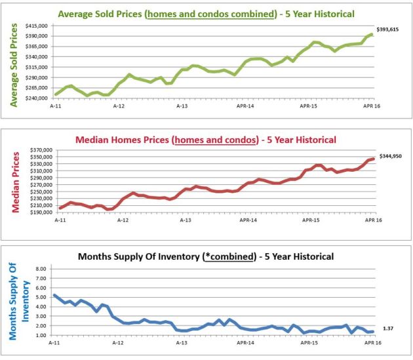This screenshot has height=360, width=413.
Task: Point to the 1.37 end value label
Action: pos(388,327)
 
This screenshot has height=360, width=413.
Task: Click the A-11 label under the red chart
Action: pos(60,222)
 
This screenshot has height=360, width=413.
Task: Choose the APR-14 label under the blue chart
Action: pos(243,343)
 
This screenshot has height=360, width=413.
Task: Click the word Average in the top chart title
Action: pos(76,13)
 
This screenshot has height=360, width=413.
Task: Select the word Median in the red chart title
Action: pos(96,140)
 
